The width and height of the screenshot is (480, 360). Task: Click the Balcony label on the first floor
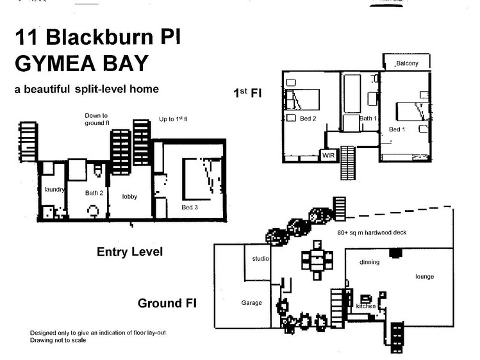click(x=407, y=63)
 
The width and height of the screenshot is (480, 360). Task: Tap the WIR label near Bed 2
click(x=328, y=155)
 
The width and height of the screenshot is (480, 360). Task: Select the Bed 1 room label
click(x=397, y=129)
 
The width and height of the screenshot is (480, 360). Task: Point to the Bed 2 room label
click(x=308, y=119)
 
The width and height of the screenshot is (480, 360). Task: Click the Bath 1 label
click(x=367, y=119)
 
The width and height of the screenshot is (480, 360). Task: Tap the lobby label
click(x=129, y=197)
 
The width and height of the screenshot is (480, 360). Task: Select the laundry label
click(x=55, y=189)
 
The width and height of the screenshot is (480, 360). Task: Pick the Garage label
click(x=251, y=303)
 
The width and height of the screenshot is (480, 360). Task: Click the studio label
click(x=260, y=258)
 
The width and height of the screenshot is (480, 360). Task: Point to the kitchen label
click(x=365, y=306)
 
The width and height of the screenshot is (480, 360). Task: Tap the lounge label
click(x=424, y=277)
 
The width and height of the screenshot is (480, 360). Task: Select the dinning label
click(x=369, y=262)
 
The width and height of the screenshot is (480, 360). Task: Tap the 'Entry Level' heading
click(x=129, y=252)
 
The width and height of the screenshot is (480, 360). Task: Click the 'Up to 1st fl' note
click(x=173, y=120)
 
